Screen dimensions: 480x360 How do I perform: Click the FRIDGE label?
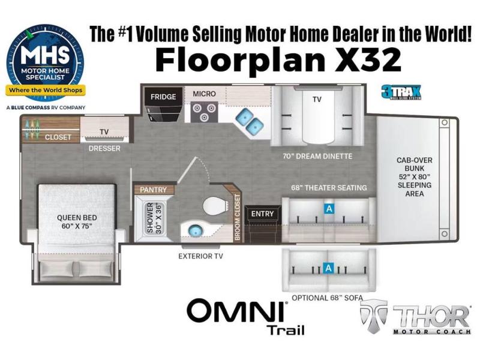[x=163, y=97]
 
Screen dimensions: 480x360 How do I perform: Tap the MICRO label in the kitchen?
[x=204, y=94]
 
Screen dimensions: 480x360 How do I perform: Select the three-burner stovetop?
[x=204, y=112]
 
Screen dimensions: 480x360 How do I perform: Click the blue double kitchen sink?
[x=250, y=121]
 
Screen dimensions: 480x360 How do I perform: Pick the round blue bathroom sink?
[x=193, y=230]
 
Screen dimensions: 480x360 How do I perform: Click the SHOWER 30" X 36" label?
[x=154, y=217]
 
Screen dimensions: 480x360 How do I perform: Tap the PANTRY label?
[x=153, y=190]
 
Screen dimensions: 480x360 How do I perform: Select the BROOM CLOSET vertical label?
[x=237, y=217]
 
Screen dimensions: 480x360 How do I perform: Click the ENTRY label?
[x=262, y=214]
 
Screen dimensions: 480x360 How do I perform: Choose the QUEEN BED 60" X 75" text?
[x=77, y=222]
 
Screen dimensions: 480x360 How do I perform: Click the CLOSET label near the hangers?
[x=58, y=137]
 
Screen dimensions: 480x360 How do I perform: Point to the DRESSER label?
[x=104, y=148]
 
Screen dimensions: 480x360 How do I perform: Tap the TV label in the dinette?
[x=317, y=100]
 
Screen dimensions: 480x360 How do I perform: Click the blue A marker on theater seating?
[x=329, y=209]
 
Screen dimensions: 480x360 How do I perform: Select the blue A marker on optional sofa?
[x=328, y=268]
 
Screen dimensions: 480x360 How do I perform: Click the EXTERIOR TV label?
[x=201, y=256]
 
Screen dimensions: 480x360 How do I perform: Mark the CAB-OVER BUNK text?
[x=415, y=164]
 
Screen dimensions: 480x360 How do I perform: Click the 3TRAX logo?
[x=401, y=92]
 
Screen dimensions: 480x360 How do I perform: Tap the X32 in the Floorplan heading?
[x=368, y=59]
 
